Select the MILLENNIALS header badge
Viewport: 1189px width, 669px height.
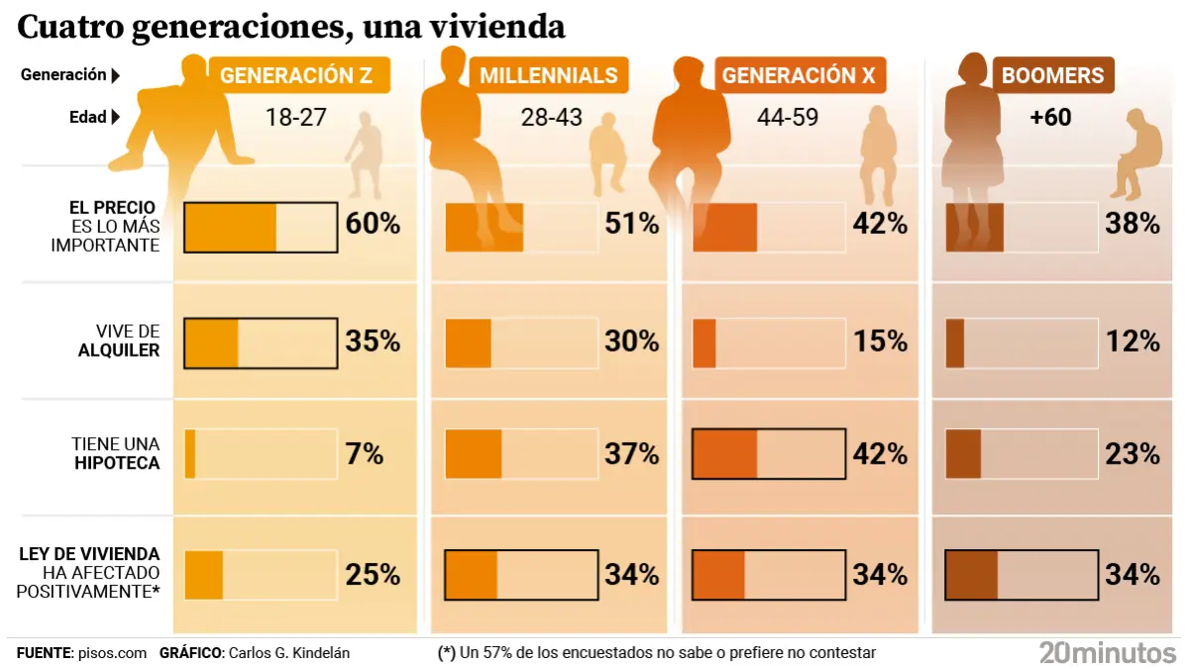[x=549, y=75]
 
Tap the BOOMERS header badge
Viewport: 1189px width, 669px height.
[x=1052, y=75]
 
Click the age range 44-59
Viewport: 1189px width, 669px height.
[x=788, y=117]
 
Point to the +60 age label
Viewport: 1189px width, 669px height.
[x=1050, y=117]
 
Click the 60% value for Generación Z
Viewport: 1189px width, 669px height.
[x=373, y=224]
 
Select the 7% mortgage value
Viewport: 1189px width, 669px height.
[x=364, y=455]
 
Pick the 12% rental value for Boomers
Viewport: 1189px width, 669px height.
[x=1133, y=341]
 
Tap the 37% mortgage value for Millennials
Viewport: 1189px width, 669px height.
[x=631, y=455]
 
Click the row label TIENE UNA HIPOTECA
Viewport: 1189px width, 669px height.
[x=116, y=454]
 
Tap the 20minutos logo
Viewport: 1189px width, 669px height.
[x=1107, y=653]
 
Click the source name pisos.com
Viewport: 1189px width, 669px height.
[x=112, y=653]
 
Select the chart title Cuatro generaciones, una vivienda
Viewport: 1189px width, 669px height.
[x=291, y=27]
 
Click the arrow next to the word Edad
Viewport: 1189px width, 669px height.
[x=116, y=117]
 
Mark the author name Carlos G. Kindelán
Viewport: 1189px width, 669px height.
[x=288, y=653]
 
